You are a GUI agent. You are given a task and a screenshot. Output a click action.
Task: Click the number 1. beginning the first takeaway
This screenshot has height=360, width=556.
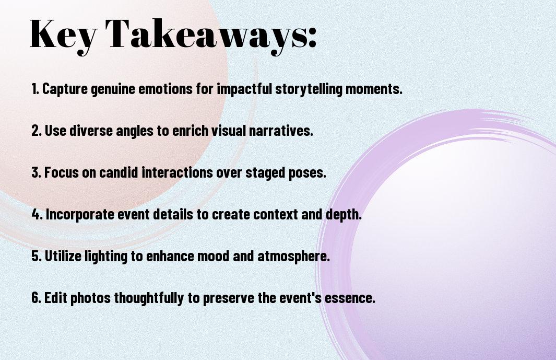point(35,89)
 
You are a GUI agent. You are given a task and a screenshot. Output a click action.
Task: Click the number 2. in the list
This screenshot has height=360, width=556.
point(36,131)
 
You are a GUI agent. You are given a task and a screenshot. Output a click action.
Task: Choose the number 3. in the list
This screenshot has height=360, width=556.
point(36,172)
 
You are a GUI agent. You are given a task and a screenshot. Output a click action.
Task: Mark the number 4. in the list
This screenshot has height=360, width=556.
point(37,214)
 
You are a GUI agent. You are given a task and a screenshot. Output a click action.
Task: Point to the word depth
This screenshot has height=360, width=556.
point(345,214)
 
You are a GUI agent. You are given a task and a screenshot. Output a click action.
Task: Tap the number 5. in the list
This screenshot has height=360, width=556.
point(36,257)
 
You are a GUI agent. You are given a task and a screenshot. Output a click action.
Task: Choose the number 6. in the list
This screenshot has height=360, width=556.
point(36,298)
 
